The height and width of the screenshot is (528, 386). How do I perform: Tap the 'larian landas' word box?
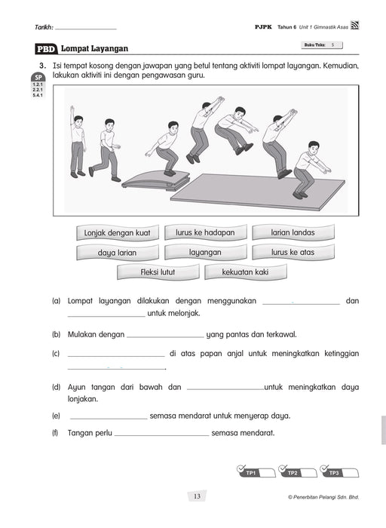coord(293,232)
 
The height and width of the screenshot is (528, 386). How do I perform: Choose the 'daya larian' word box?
coord(117,253)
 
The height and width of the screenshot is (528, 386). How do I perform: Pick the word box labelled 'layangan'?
coord(205,253)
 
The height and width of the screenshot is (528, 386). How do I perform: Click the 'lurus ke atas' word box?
coord(293,252)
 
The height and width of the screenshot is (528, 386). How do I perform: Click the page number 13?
coord(196,496)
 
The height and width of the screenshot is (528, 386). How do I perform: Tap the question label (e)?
coord(56,416)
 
